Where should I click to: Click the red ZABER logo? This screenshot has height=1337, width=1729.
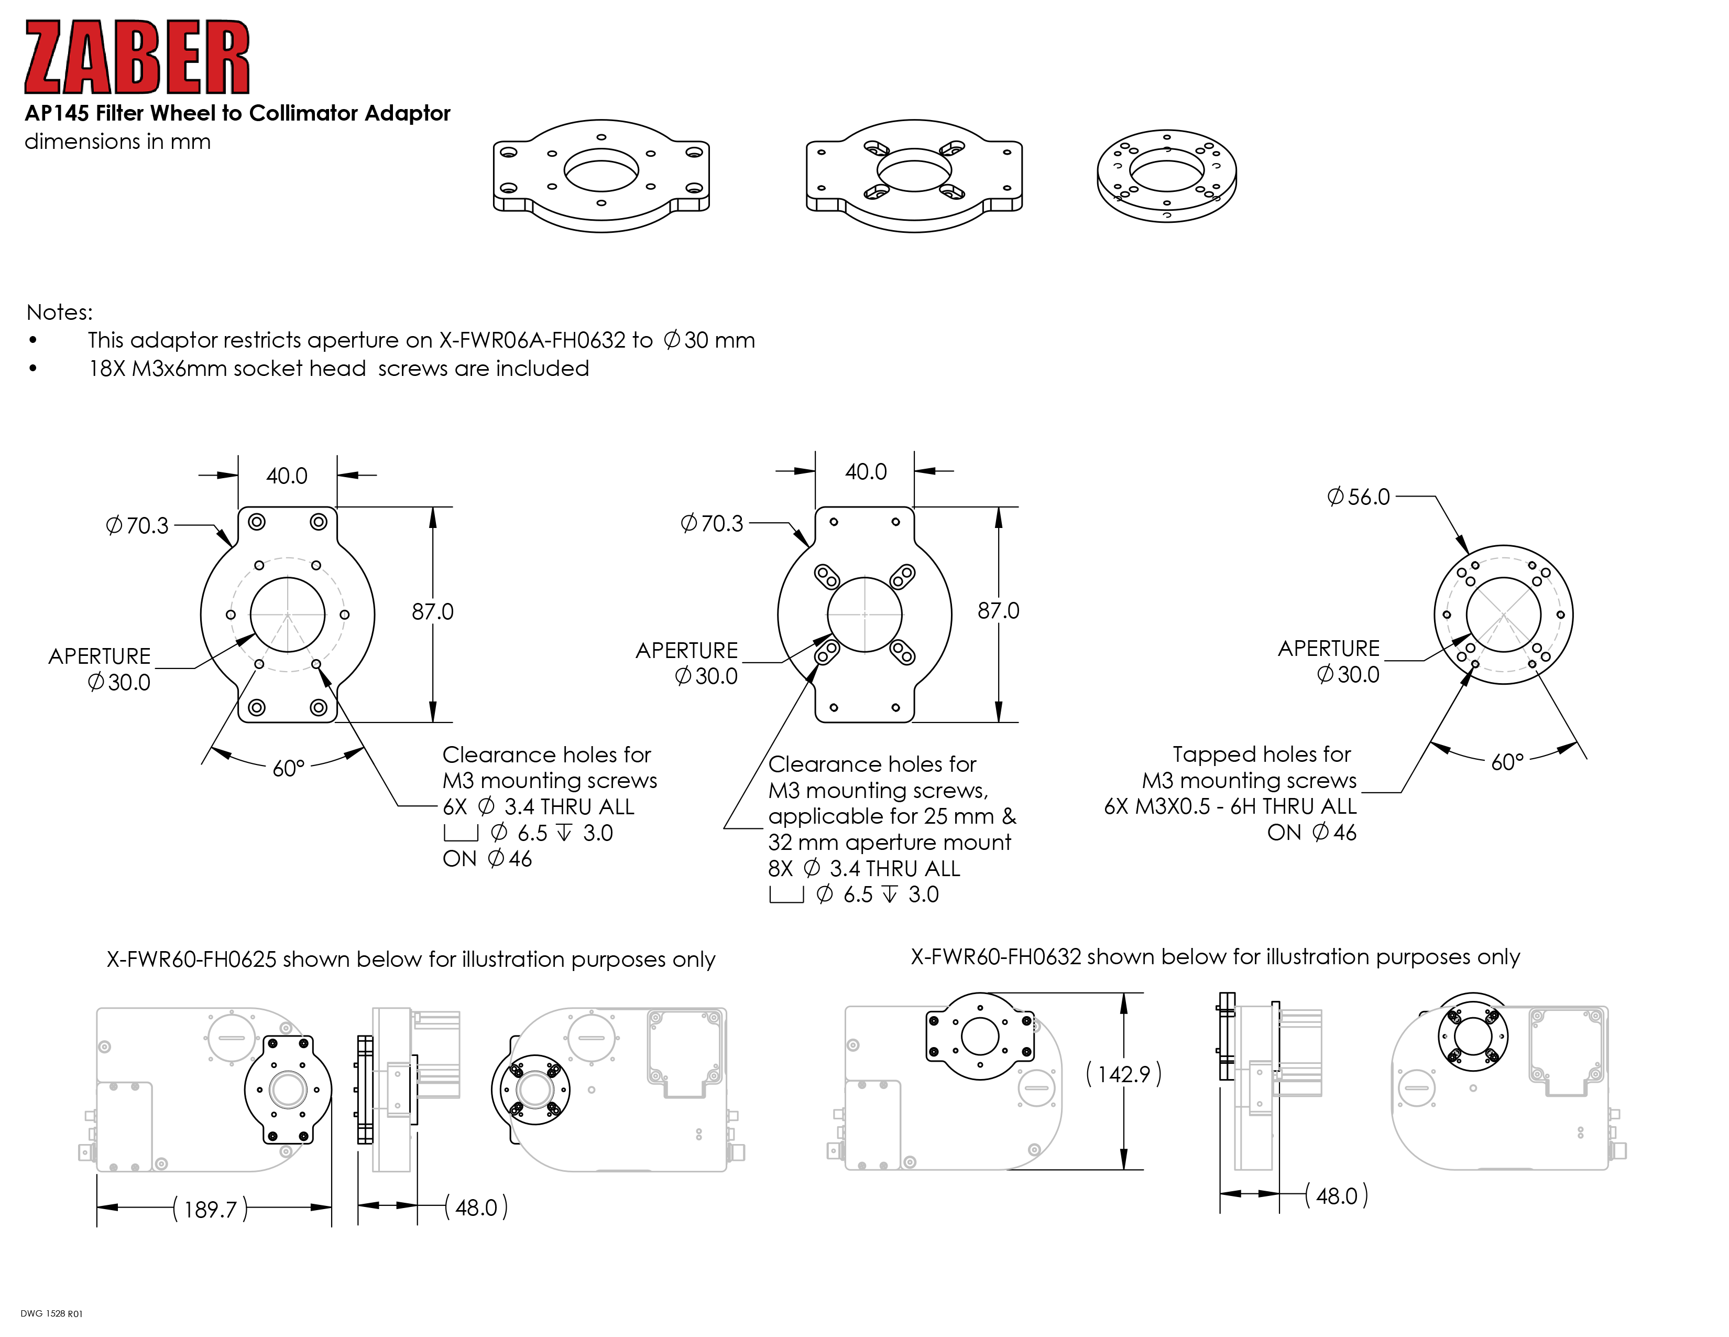point(137,57)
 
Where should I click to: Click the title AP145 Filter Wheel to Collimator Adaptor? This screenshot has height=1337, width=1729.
point(237,113)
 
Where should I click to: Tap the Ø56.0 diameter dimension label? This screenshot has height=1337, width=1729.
point(1359,497)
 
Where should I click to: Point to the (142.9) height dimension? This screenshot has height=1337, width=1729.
point(1123,1074)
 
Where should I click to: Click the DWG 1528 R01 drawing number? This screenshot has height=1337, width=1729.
point(51,1313)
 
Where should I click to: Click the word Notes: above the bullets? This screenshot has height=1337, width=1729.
point(59,312)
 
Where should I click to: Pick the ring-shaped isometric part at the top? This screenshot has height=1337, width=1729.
point(1166,175)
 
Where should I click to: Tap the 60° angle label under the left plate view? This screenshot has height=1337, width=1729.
point(288,768)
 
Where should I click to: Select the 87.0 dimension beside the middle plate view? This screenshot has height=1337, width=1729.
point(998,611)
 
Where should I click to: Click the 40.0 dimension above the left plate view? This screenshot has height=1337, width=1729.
point(287,476)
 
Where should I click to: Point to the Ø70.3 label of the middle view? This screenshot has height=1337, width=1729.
point(712,524)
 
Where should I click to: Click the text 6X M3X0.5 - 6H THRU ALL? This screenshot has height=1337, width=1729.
point(1230,806)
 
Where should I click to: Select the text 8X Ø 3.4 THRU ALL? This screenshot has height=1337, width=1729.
point(863,869)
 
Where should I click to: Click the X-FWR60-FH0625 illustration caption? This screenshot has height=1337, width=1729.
point(411,959)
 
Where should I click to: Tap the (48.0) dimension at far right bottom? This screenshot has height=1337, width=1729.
point(1337,1196)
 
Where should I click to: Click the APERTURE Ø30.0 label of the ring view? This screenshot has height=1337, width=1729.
point(1329,661)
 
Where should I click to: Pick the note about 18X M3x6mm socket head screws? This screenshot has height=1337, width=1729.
point(339,368)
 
